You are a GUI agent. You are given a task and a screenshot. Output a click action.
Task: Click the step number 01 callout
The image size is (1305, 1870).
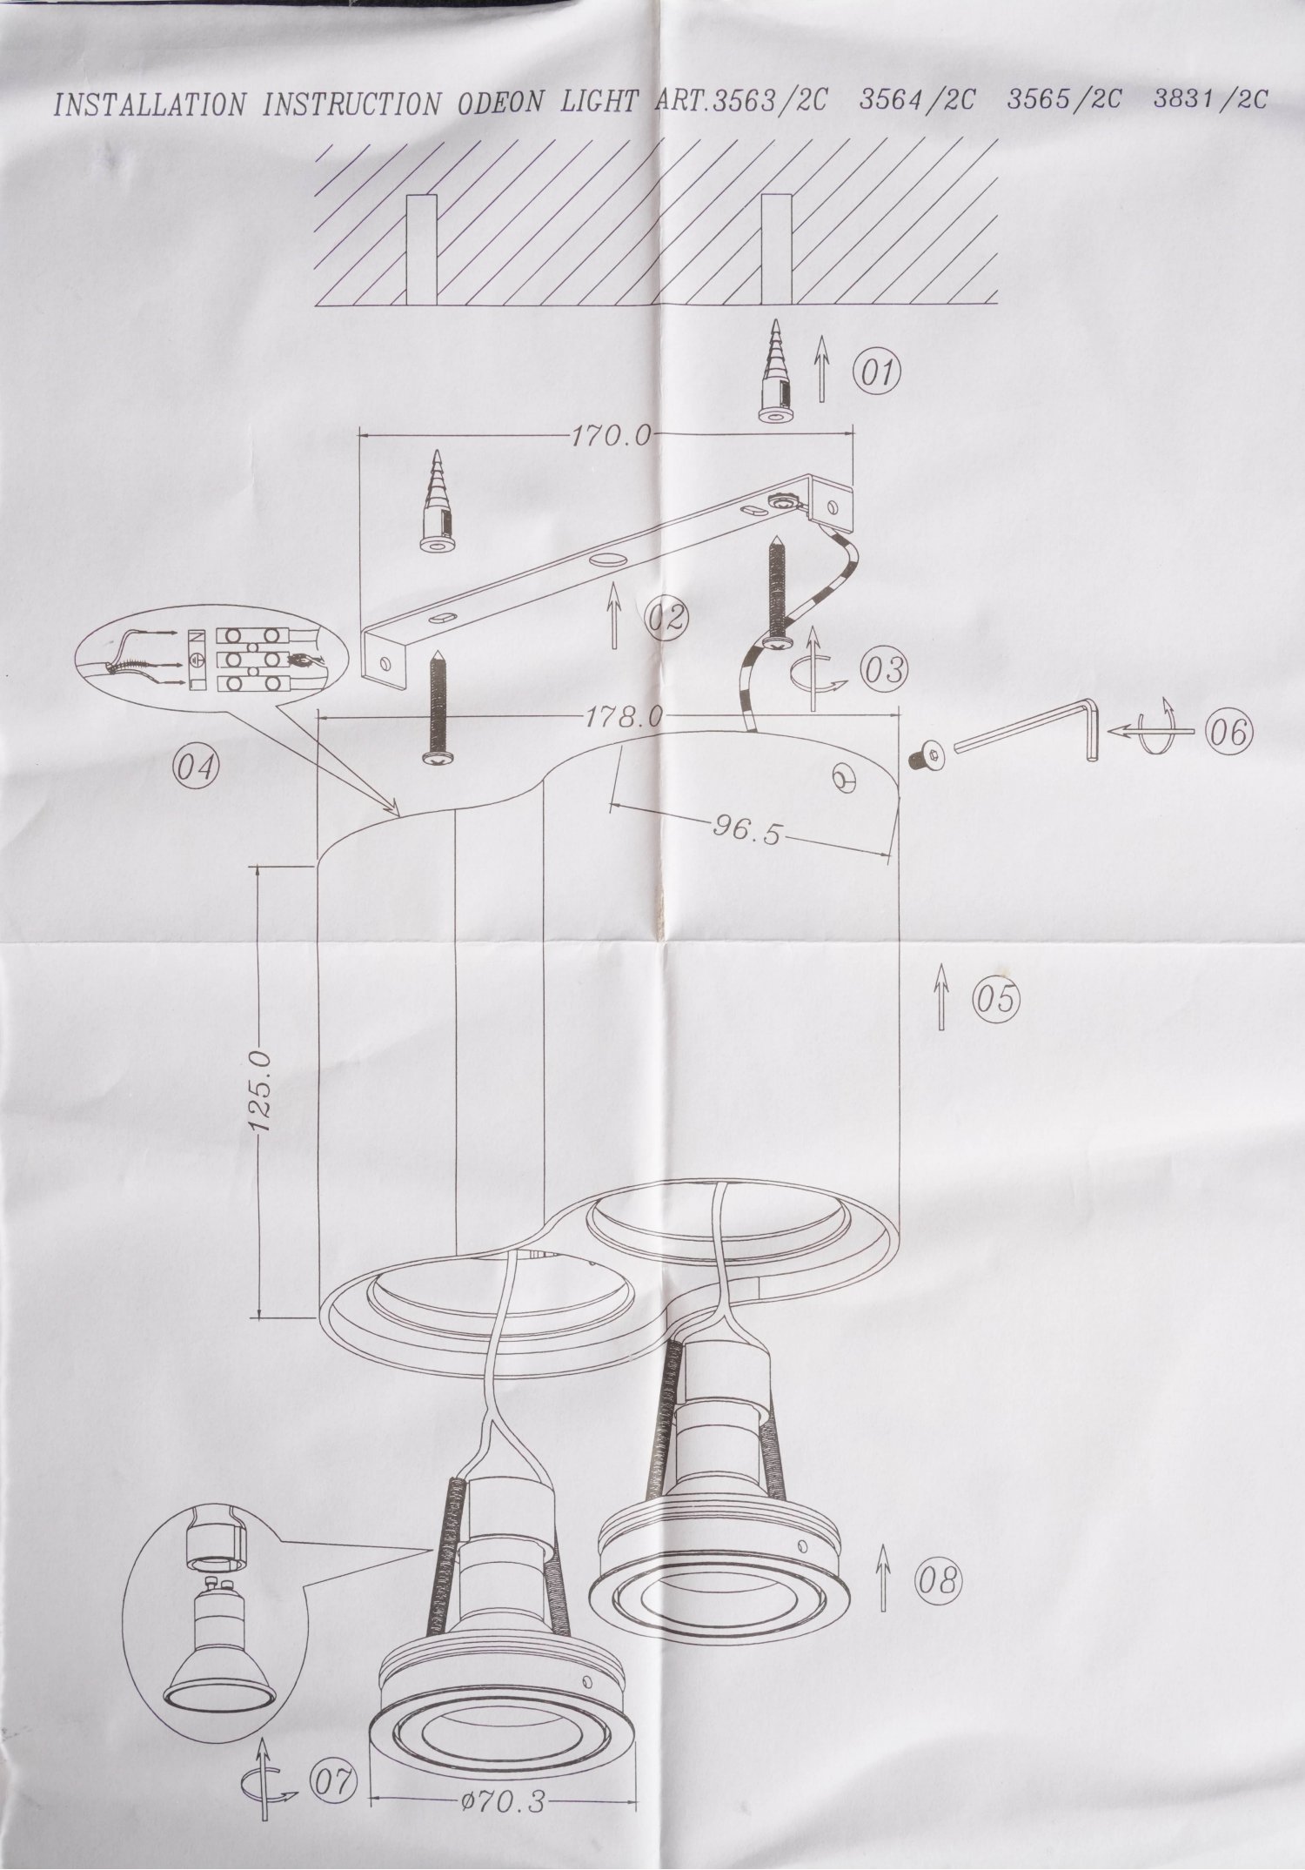pos(876,373)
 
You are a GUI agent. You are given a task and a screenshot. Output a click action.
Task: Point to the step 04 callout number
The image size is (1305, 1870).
pos(197,767)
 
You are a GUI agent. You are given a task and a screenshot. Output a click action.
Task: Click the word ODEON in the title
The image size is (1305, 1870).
pos(498,104)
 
